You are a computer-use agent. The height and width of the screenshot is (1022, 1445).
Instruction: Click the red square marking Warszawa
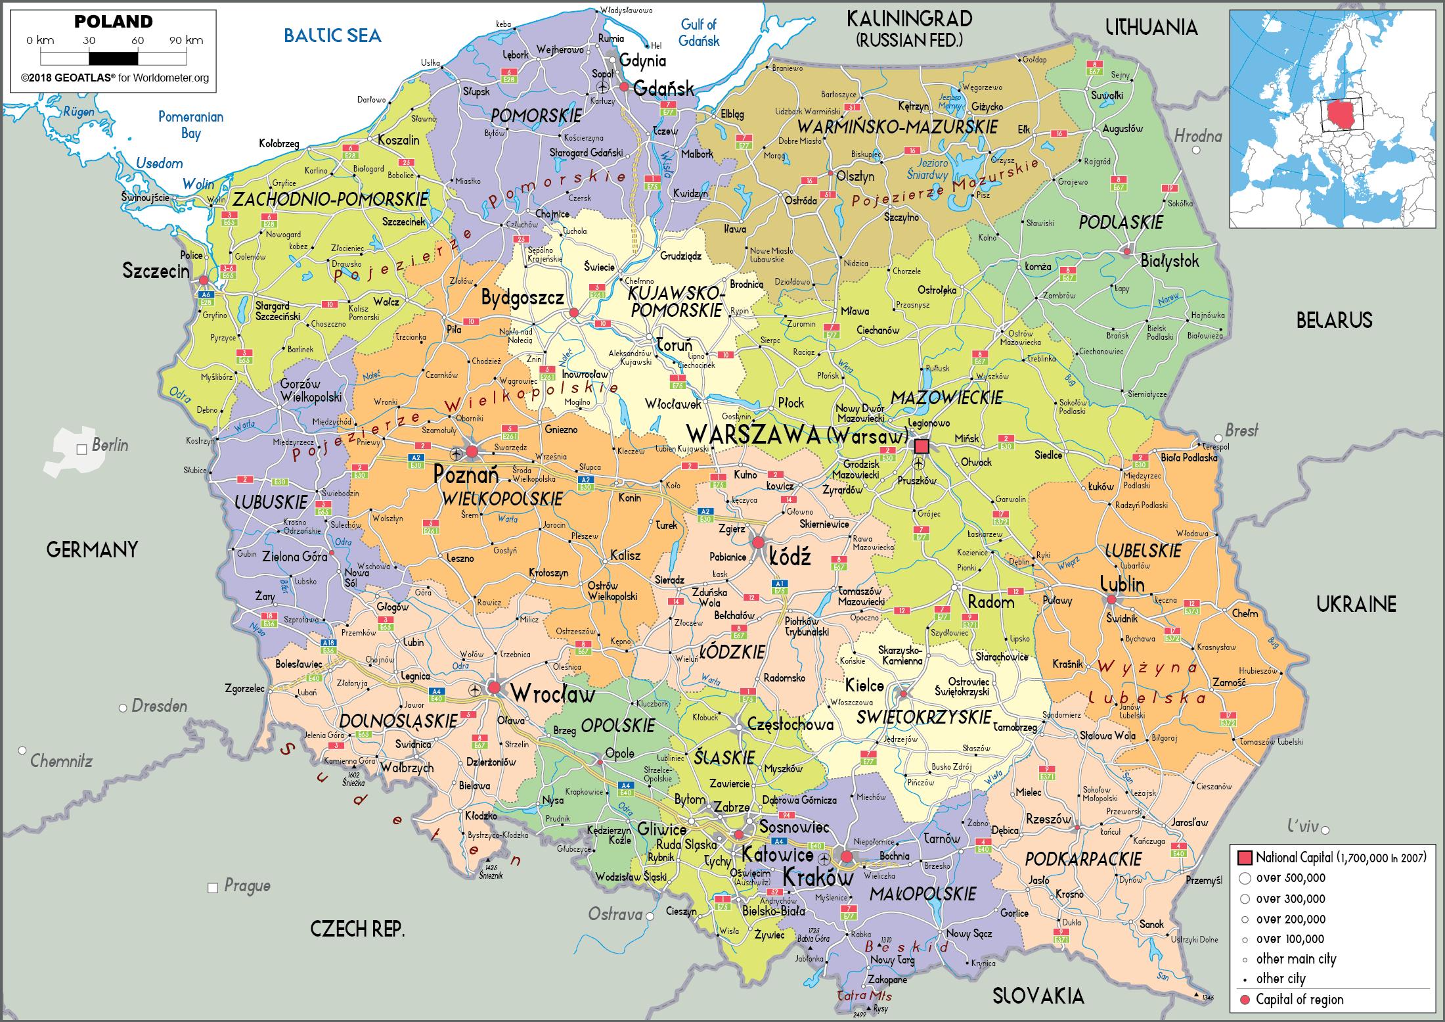tap(922, 447)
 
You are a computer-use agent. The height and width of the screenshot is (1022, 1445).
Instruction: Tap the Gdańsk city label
tap(663, 89)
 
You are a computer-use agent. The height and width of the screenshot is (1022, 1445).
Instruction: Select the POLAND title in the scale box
tap(113, 22)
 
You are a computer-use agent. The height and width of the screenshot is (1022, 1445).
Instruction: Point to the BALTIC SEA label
tap(332, 35)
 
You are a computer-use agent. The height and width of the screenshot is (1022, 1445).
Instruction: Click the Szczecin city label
tap(156, 271)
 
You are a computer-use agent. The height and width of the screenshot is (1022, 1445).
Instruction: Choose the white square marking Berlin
tap(82, 450)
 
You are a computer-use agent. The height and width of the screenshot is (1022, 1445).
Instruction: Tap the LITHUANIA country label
tap(1151, 27)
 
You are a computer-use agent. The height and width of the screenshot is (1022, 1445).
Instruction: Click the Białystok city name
tap(1170, 261)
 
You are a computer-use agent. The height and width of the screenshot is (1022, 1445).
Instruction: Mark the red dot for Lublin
tap(1111, 599)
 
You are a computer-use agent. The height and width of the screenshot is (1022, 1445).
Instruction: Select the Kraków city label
tap(818, 877)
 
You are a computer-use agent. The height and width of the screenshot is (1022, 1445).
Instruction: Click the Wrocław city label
tap(552, 693)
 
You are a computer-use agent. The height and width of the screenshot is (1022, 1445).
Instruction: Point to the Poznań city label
tap(466, 473)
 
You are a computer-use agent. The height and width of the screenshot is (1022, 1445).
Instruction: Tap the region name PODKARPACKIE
tap(1083, 859)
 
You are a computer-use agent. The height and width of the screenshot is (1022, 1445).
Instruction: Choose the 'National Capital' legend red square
tap(1244, 858)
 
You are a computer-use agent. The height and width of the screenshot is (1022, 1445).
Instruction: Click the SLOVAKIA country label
tap(1038, 996)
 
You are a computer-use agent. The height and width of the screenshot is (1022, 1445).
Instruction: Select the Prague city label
tap(247, 885)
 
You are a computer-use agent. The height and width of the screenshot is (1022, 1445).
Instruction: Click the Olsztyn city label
tap(855, 176)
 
